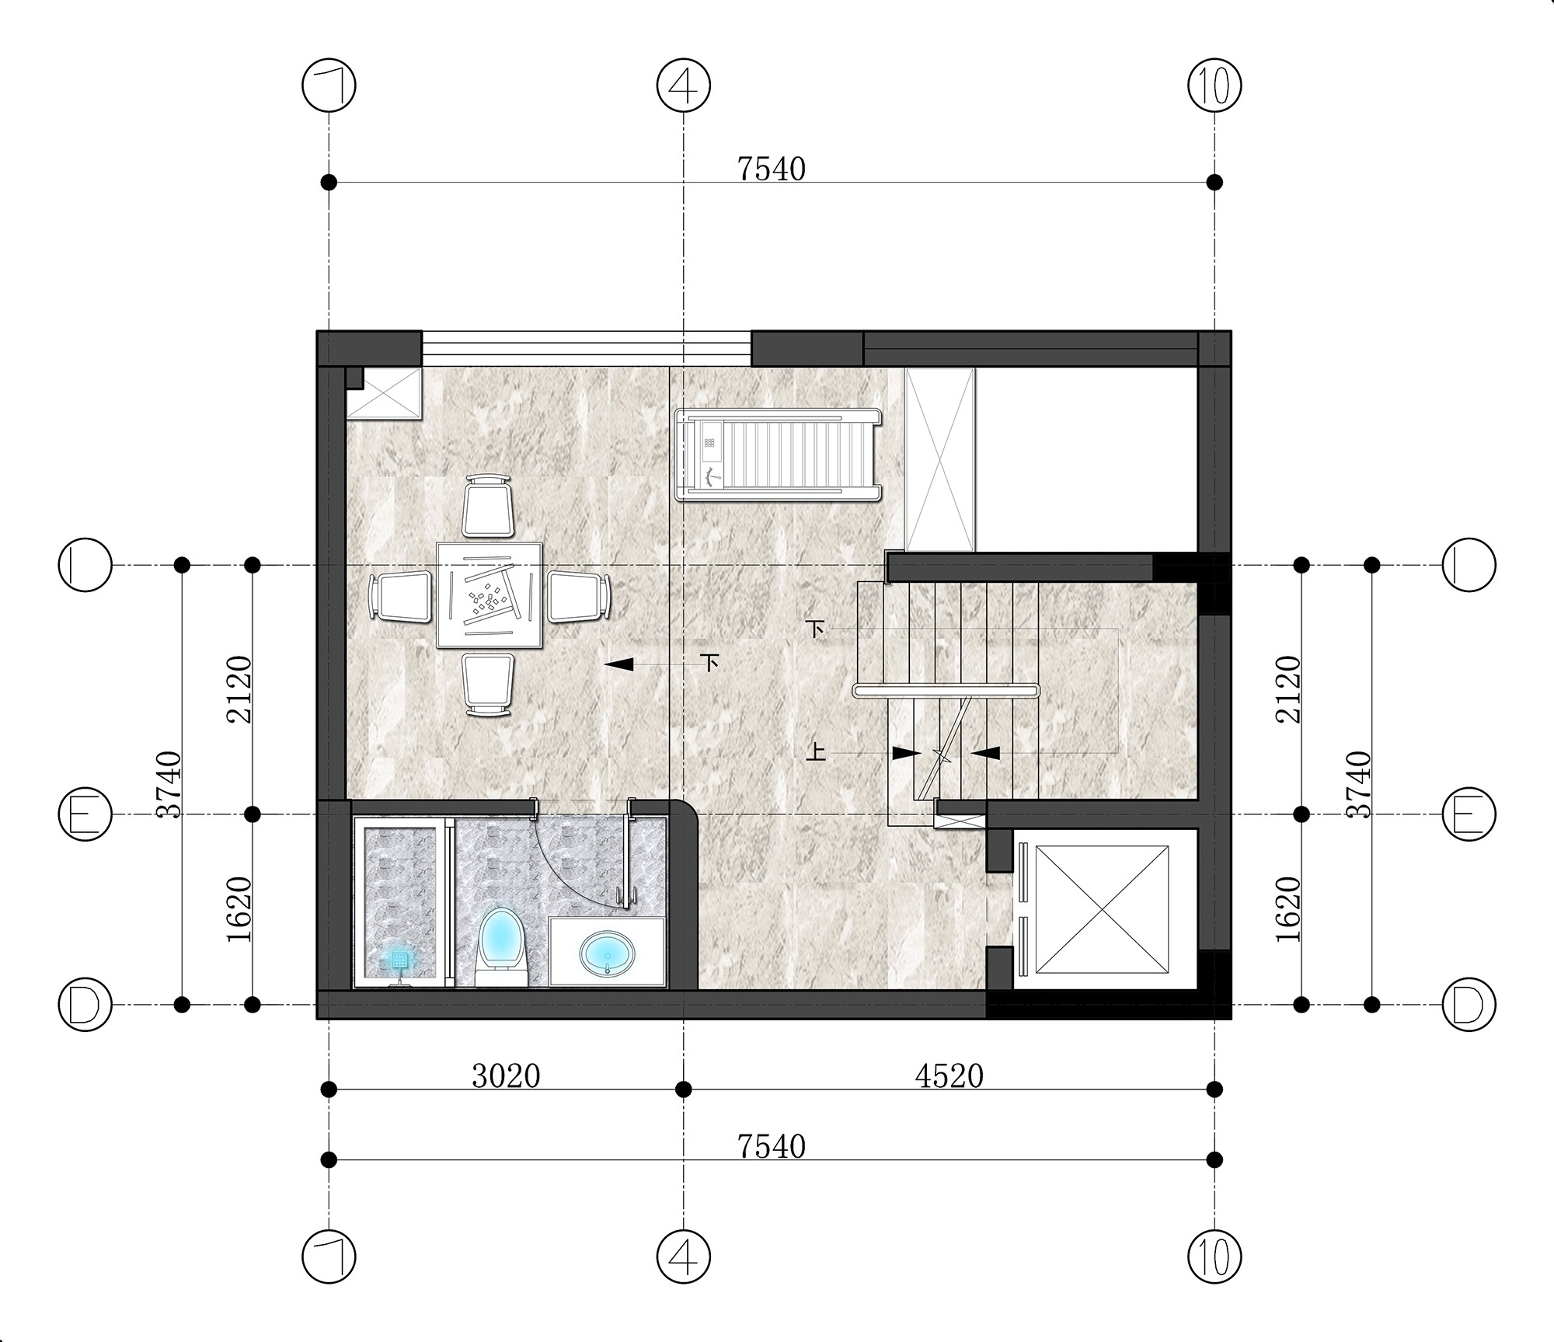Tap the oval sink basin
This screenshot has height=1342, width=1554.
coord(607,953)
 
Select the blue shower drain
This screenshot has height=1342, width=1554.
coord(399,960)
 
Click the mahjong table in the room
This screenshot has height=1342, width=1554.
coord(489,595)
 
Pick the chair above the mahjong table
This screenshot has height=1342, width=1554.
coord(489,506)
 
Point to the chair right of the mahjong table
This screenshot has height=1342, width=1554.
coord(579,596)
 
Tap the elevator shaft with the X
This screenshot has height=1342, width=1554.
coord(1102,909)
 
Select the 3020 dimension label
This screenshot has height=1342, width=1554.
coord(506,1076)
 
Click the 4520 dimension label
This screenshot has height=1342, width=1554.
coord(949,1076)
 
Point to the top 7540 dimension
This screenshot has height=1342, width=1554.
coord(772,169)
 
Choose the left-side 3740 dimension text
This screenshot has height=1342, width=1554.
coord(169,784)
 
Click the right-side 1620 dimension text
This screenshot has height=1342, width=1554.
coord(1288,910)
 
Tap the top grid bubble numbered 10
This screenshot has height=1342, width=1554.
coord(1215,85)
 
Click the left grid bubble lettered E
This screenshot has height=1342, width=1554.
coord(85,814)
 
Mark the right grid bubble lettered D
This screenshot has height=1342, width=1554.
coord(1469,1005)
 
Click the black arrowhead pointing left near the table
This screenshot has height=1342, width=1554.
coord(618,664)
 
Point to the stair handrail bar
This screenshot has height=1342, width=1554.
coord(946,690)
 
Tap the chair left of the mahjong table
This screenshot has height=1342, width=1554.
coord(400,596)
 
